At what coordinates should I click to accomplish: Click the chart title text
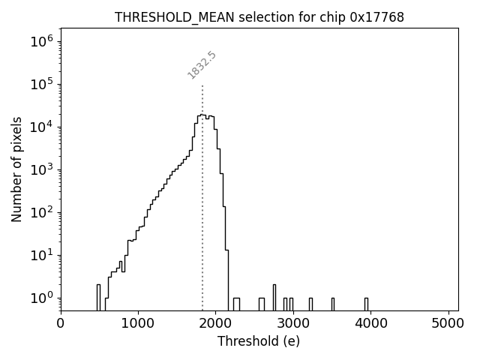[259, 17]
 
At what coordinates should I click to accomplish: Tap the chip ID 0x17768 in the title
[377, 17]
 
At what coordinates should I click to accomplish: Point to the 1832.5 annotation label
[202, 65]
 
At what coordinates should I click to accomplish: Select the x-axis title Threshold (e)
[259, 341]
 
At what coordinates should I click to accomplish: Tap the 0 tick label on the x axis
[61, 324]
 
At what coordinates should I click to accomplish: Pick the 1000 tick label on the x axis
[138, 324]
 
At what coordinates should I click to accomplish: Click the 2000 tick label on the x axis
[215, 324]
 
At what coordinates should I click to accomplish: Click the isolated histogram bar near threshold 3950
[366, 304]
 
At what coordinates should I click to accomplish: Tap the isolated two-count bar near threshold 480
[98, 297]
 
